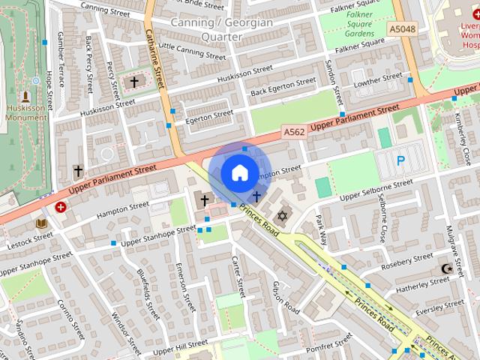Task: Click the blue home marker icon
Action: click(238, 172)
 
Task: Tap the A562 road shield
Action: click(295, 131)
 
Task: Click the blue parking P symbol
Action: click(400, 160)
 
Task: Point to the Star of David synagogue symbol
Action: click(283, 216)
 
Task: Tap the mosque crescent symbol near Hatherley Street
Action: click(448, 268)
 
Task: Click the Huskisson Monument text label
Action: click(25, 112)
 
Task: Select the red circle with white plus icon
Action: click(61, 206)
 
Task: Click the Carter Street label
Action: click(238, 275)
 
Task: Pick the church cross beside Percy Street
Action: click(135, 81)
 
